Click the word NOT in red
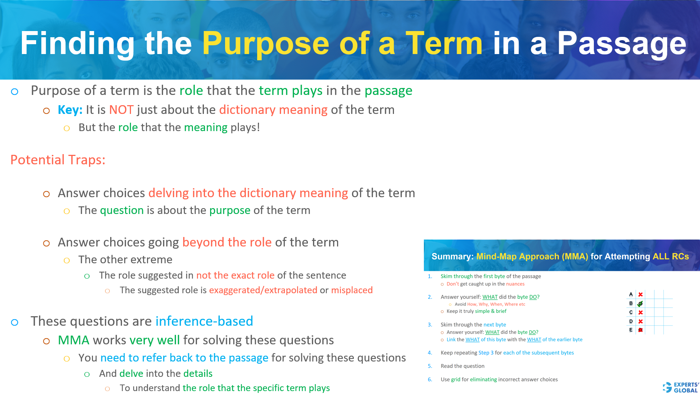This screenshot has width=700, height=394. [121, 110]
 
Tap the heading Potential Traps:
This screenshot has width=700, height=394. [58, 160]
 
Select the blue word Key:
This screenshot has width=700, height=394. [70, 110]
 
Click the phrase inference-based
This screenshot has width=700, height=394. [204, 321]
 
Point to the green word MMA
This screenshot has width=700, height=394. [73, 340]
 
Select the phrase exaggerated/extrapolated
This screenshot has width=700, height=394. [263, 290]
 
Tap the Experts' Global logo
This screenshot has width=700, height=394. [680, 387]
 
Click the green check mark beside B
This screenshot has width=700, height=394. [640, 303]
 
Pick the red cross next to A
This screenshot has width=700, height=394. [640, 294]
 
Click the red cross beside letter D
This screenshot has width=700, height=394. [640, 321]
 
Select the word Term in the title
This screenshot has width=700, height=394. [444, 44]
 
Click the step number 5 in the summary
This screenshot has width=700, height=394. [430, 366]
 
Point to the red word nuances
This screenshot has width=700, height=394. [515, 284]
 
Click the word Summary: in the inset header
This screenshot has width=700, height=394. [452, 257]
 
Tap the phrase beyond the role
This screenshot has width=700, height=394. [227, 242]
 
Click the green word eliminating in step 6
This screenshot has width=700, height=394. [483, 380]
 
